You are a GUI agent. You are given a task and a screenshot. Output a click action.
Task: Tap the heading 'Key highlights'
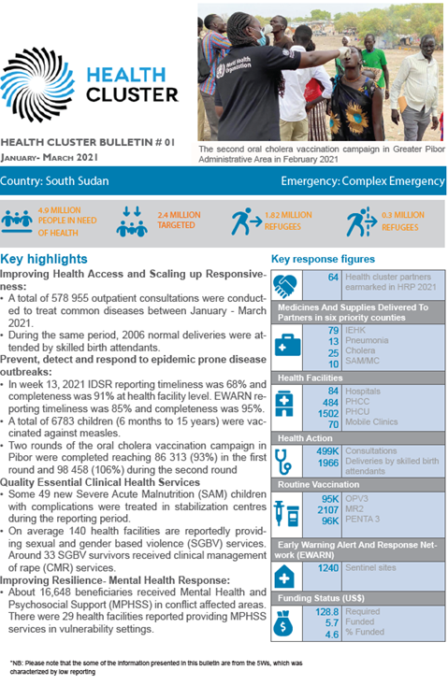click(x=45, y=259)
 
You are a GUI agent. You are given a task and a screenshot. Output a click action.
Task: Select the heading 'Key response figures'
click(x=323, y=259)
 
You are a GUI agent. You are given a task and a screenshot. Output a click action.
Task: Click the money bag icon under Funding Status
click(x=285, y=627)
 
